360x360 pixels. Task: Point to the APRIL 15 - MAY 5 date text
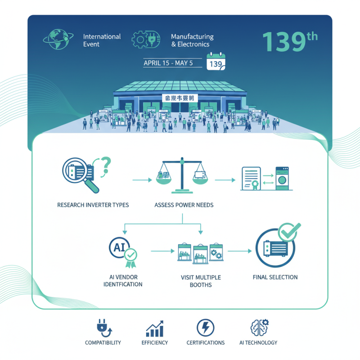(168, 63)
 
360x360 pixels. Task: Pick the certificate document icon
(252, 179)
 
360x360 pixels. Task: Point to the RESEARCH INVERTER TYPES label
(93, 205)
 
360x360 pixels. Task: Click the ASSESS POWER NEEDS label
(184, 205)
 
